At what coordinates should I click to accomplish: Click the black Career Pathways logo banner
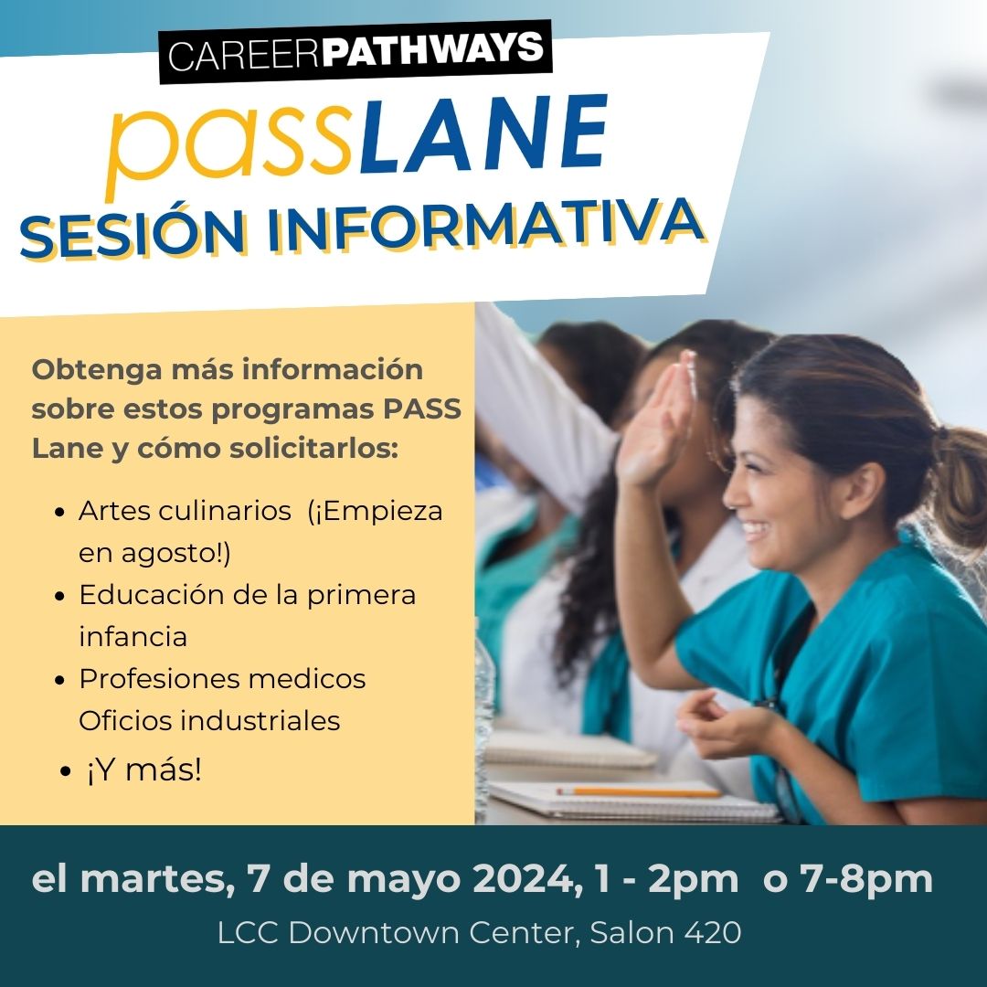356,52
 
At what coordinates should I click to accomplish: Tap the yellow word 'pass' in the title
230,148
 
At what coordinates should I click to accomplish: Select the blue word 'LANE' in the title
483,134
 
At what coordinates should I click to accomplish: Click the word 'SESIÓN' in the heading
133,236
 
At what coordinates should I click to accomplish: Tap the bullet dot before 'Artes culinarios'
59,512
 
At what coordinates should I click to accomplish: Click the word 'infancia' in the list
133,636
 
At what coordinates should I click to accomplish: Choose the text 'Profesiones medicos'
222,679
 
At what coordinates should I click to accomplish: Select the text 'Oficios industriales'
209,721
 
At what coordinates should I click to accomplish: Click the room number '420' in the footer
714,932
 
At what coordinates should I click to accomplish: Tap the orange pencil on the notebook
638,791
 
